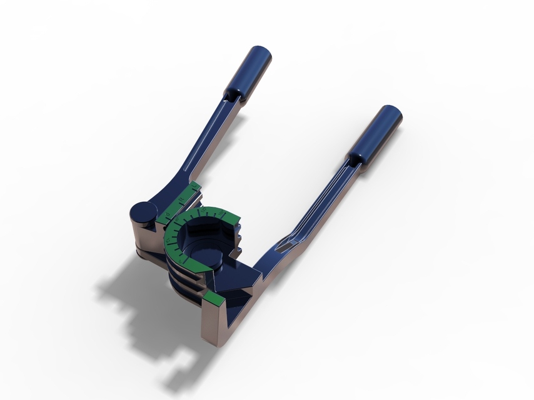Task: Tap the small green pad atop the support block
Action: coord(214,301)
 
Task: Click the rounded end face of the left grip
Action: coord(261,54)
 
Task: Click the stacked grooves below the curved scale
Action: coord(181,278)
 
